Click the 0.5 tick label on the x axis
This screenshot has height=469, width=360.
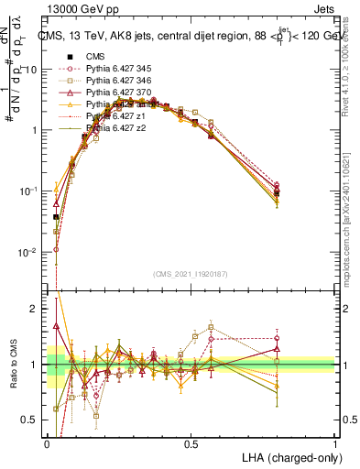tap(191, 443)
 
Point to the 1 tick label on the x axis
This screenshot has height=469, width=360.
tap(334, 443)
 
